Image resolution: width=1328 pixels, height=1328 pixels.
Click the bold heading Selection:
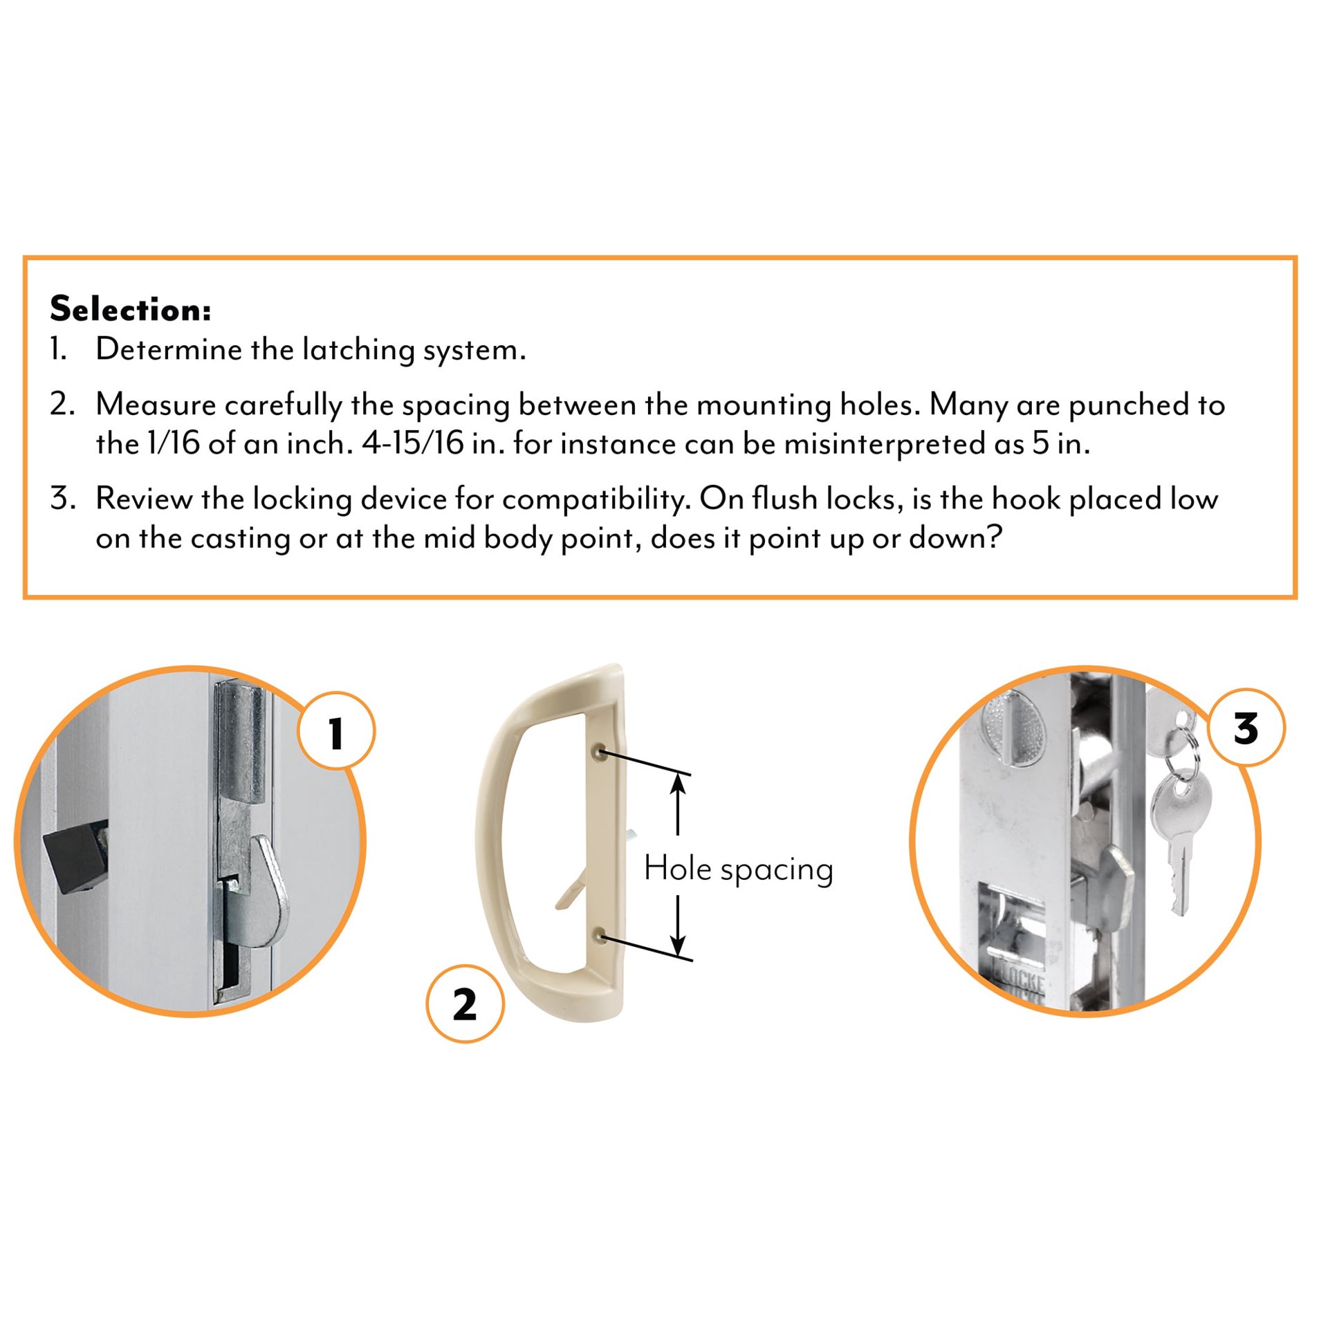[x=130, y=309]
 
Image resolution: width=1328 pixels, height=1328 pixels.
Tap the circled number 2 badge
[x=464, y=1004]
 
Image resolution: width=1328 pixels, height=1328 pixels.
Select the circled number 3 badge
[x=1246, y=728]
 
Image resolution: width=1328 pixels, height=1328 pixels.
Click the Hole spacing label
[x=738, y=869]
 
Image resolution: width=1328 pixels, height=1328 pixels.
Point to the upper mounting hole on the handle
[x=601, y=751]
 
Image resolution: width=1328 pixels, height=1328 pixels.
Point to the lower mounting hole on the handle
[x=602, y=937]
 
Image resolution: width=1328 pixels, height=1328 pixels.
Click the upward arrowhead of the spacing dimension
[x=678, y=785]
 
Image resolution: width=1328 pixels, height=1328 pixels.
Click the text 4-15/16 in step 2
[x=412, y=444]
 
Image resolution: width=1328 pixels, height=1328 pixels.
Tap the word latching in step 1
[x=359, y=350]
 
